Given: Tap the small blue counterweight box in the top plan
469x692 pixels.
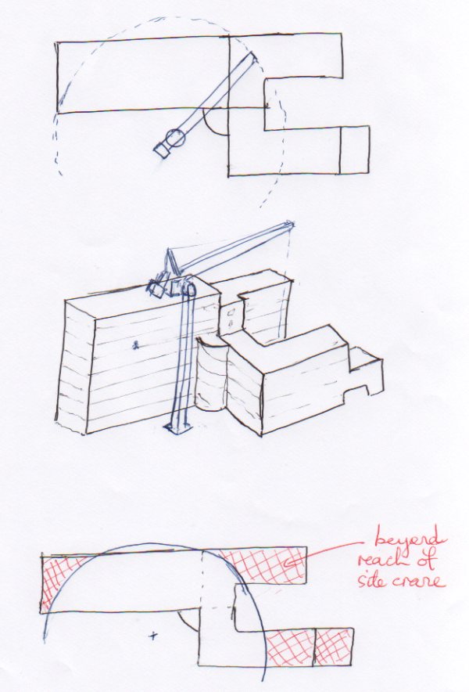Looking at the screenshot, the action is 161,150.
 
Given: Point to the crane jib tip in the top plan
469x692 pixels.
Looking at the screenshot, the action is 254,55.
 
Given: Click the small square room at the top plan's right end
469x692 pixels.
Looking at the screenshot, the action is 354,150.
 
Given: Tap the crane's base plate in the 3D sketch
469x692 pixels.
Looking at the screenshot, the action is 178,427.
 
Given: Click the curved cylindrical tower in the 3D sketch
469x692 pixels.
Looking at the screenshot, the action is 211,374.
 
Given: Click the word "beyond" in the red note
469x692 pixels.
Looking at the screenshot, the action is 406,539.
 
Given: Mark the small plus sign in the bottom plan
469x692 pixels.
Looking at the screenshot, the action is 153,636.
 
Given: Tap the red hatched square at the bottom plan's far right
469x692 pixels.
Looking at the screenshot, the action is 334,647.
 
